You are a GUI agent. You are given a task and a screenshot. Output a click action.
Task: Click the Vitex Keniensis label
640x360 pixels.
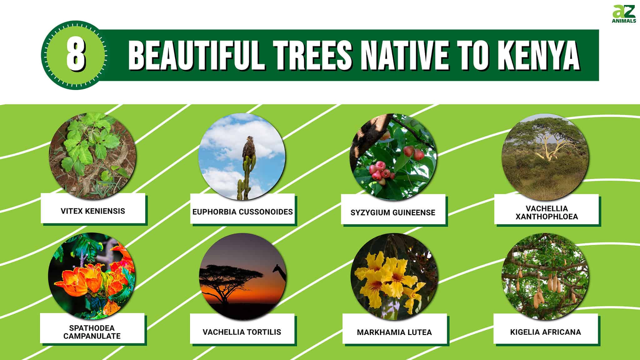93,211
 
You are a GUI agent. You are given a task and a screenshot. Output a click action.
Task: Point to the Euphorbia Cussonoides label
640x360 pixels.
242,212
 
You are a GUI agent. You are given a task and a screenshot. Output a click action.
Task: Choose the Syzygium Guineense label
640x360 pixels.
393,212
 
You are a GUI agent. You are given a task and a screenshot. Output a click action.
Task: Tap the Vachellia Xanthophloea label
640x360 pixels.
547,212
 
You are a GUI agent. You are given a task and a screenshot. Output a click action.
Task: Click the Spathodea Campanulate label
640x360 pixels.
92,332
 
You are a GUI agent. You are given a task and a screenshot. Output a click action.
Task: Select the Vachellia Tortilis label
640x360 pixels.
242,332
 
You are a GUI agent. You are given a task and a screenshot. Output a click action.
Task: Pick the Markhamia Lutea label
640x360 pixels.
394,332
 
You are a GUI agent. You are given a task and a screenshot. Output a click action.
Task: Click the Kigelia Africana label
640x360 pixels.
545,332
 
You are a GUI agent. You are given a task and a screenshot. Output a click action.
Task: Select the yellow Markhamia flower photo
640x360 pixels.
394,277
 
